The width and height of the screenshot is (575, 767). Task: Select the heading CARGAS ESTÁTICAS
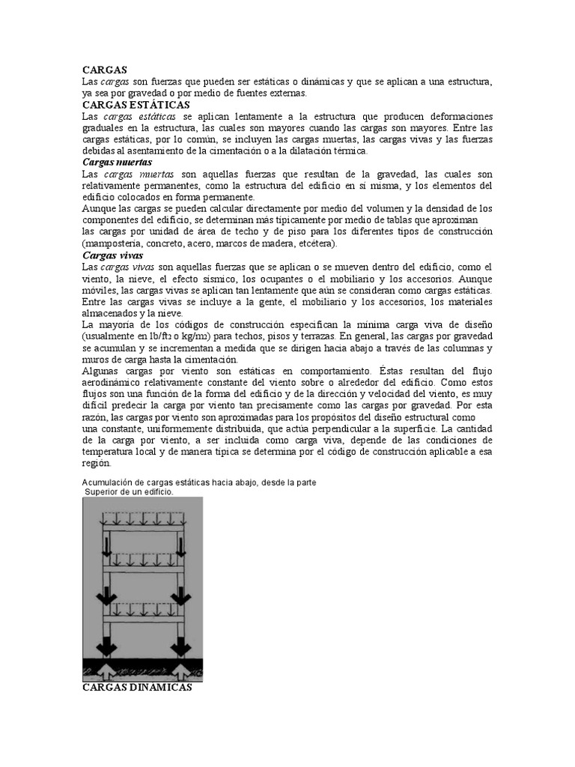pyautogui.click(x=136, y=105)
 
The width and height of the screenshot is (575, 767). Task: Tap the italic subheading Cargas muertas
pyautogui.click(x=117, y=162)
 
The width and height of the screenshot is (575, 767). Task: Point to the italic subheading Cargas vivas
pyautogui.click(x=111, y=255)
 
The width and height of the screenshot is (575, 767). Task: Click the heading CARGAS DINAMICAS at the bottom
pyautogui.click(x=137, y=687)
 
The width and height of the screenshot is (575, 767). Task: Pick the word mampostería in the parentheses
pyautogui.click(x=117, y=243)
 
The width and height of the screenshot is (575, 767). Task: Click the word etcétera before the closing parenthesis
pyautogui.click(x=314, y=243)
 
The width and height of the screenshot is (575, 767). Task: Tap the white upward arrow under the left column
pyautogui.click(x=106, y=666)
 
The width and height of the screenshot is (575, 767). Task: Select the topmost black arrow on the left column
pyautogui.click(x=106, y=545)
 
